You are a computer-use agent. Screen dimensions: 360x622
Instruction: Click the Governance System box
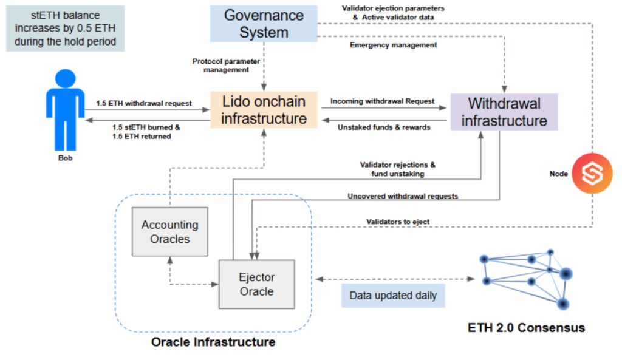264,24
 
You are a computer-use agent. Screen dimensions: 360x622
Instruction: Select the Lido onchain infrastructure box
264,109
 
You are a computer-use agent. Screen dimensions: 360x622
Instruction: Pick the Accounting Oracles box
170,232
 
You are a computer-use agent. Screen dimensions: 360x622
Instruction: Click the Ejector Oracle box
256,284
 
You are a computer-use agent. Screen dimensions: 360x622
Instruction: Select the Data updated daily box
392,296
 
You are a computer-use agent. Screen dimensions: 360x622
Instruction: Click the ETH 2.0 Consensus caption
526,328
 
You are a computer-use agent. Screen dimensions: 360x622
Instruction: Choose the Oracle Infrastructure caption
213,342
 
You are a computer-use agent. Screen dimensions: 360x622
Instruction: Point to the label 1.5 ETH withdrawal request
144,103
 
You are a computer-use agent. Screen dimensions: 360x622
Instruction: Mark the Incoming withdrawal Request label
382,101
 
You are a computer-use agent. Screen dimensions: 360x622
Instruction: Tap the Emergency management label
394,44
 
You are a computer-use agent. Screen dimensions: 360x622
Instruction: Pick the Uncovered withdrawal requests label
403,196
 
